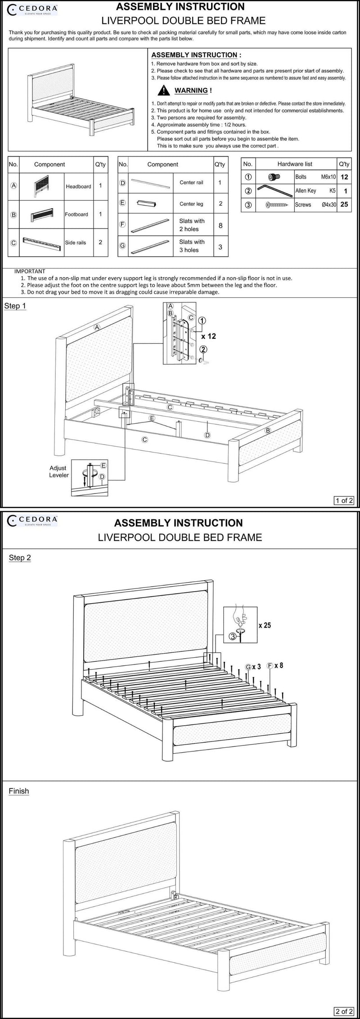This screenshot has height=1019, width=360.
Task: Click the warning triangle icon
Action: tap(163, 91)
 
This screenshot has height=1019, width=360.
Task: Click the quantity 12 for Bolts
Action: tap(344, 177)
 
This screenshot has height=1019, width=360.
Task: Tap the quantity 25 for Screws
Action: tap(344, 204)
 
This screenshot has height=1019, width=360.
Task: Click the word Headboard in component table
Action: tap(78, 186)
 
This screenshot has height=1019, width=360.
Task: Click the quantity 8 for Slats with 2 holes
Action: tap(220, 225)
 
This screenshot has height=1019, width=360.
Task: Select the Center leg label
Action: tap(191, 204)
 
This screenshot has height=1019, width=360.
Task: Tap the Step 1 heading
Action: tap(15, 306)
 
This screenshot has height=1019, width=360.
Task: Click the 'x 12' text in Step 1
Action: tap(209, 336)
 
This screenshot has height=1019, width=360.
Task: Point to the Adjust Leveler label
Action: tap(58, 471)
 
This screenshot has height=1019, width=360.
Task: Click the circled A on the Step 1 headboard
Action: tap(97, 328)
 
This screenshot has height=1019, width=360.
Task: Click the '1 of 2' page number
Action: tap(344, 500)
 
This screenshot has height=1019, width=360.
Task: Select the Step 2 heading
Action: tap(20, 558)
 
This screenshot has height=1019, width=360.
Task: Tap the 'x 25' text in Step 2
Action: tap(265, 625)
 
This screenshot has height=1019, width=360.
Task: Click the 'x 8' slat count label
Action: tap(279, 665)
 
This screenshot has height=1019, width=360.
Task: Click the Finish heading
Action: tap(19, 791)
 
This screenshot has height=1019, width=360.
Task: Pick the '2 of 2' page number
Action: tap(344, 1011)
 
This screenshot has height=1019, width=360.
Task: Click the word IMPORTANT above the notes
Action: tap(30, 271)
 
